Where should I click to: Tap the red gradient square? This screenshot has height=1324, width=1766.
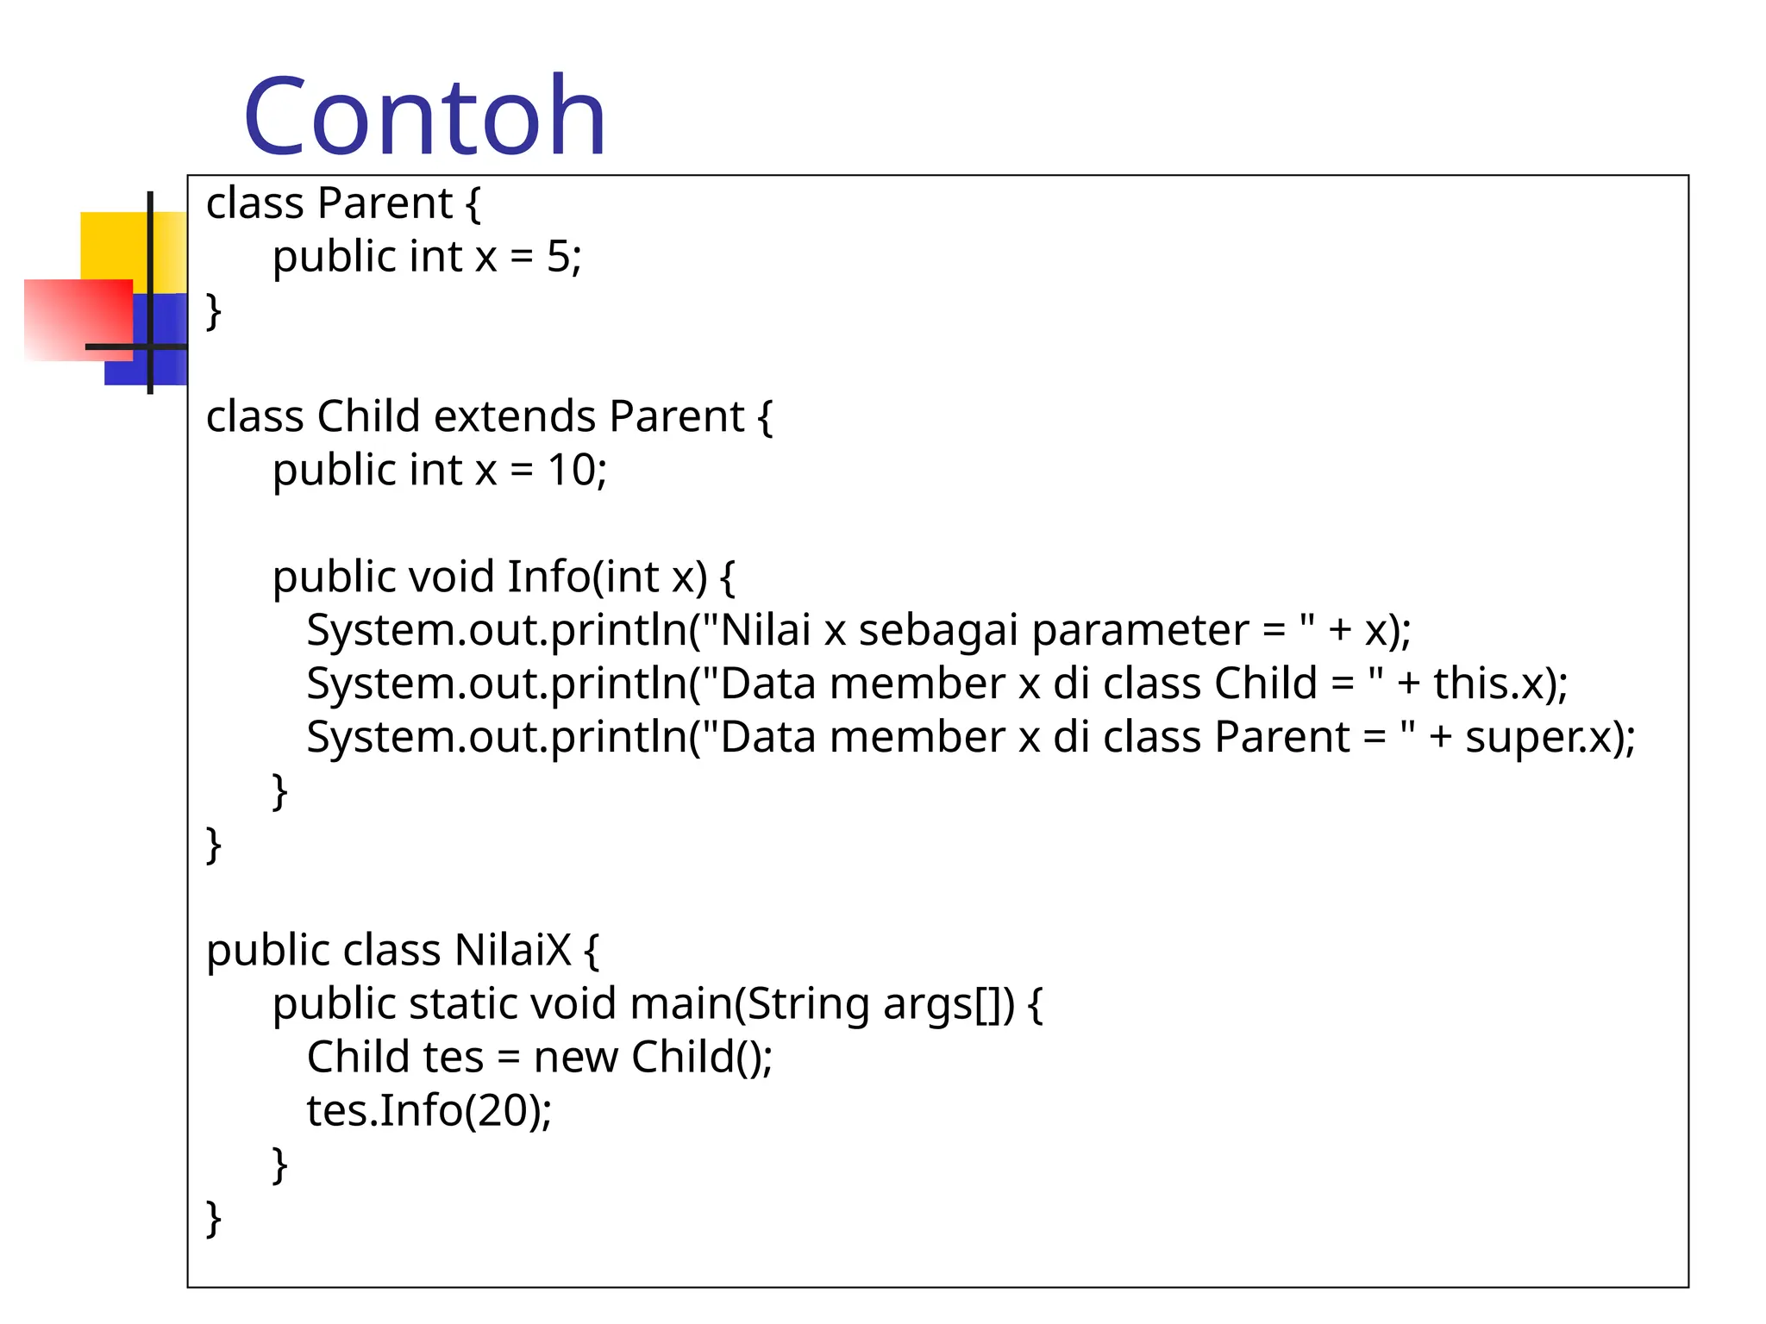tap(78, 319)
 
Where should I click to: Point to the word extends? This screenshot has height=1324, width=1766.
tap(515, 417)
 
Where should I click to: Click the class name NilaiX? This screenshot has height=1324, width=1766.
tap(512, 951)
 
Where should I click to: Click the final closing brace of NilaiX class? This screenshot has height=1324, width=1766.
tap(213, 1219)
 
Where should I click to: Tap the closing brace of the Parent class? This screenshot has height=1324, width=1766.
tap(213, 310)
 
